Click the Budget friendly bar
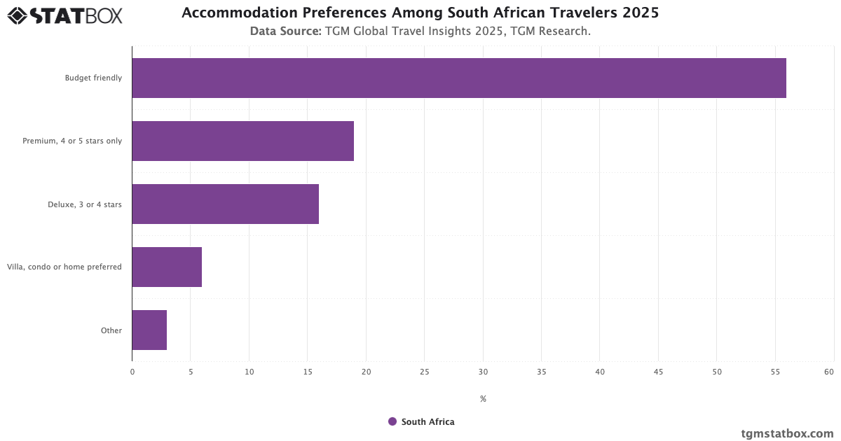[x=459, y=78]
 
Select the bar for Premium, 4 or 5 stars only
[x=242, y=141]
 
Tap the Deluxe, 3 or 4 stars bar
[x=225, y=204]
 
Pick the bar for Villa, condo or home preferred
[x=167, y=267]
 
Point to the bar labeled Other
[x=149, y=330]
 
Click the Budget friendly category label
[x=93, y=78]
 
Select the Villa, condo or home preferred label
[x=64, y=267]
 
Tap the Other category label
[x=111, y=330]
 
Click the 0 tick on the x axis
[x=132, y=372]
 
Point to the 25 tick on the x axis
[x=425, y=372]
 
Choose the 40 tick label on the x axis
[x=600, y=372]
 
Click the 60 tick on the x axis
[x=829, y=372]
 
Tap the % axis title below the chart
[x=483, y=399]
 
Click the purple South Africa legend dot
[x=392, y=421]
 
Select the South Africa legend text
[x=428, y=422]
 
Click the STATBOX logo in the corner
[x=65, y=15]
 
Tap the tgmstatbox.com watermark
[x=787, y=433]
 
